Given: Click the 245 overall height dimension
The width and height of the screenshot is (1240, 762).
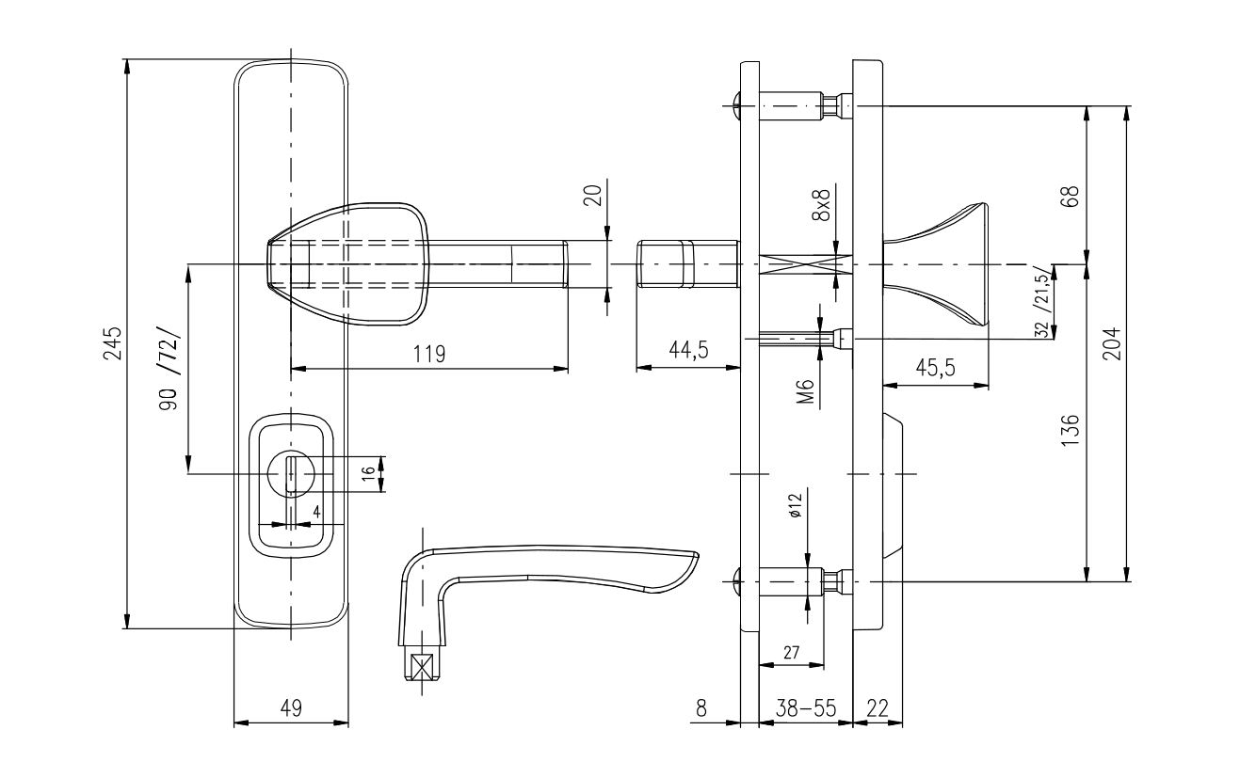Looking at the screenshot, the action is point(112,342).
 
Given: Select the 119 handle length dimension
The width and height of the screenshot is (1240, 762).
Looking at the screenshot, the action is point(429,354).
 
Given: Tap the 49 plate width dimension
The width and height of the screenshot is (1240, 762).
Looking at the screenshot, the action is point(291,707).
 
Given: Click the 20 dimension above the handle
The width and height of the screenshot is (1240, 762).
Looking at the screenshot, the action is point(593,196).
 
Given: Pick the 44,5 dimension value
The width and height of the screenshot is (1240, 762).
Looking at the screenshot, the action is point(688,350).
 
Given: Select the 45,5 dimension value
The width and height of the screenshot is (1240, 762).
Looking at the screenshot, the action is point(936,368).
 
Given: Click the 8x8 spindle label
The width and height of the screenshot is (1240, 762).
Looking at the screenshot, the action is point(822,205).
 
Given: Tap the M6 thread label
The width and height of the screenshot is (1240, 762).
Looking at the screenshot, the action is point(806,391).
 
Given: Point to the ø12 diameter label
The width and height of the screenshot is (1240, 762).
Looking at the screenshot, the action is point(796,505).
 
